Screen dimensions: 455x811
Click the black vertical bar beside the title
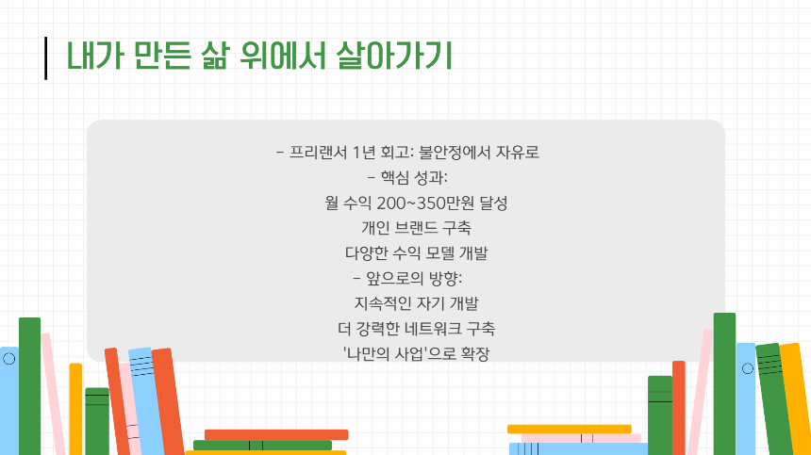(x=45, y=57)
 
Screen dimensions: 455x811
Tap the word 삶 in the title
(x=212, y=56)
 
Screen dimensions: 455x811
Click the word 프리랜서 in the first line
(x=317, y=153)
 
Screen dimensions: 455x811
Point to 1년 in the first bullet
(x=363, y=153)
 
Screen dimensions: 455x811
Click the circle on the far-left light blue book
(x=8, y=359)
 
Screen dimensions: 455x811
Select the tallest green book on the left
(x=30, y=386)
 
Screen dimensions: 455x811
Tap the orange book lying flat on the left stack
(x=276, y=434)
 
